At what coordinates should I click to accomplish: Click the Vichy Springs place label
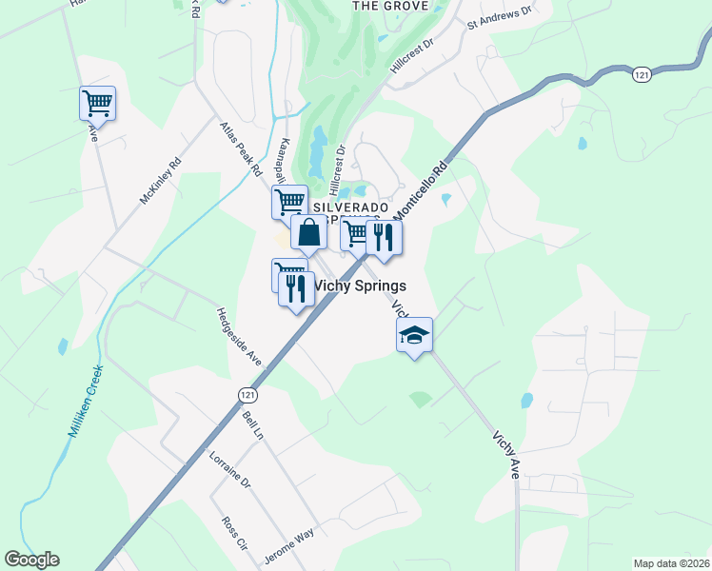coord(360,285)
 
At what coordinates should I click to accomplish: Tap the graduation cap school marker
coord(414,335)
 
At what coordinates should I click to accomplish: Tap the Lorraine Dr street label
coord(229,468)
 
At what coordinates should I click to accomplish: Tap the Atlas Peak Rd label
coord(240,148)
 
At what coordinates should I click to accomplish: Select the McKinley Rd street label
coord(160,181)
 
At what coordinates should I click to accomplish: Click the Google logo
coord(31,560)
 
